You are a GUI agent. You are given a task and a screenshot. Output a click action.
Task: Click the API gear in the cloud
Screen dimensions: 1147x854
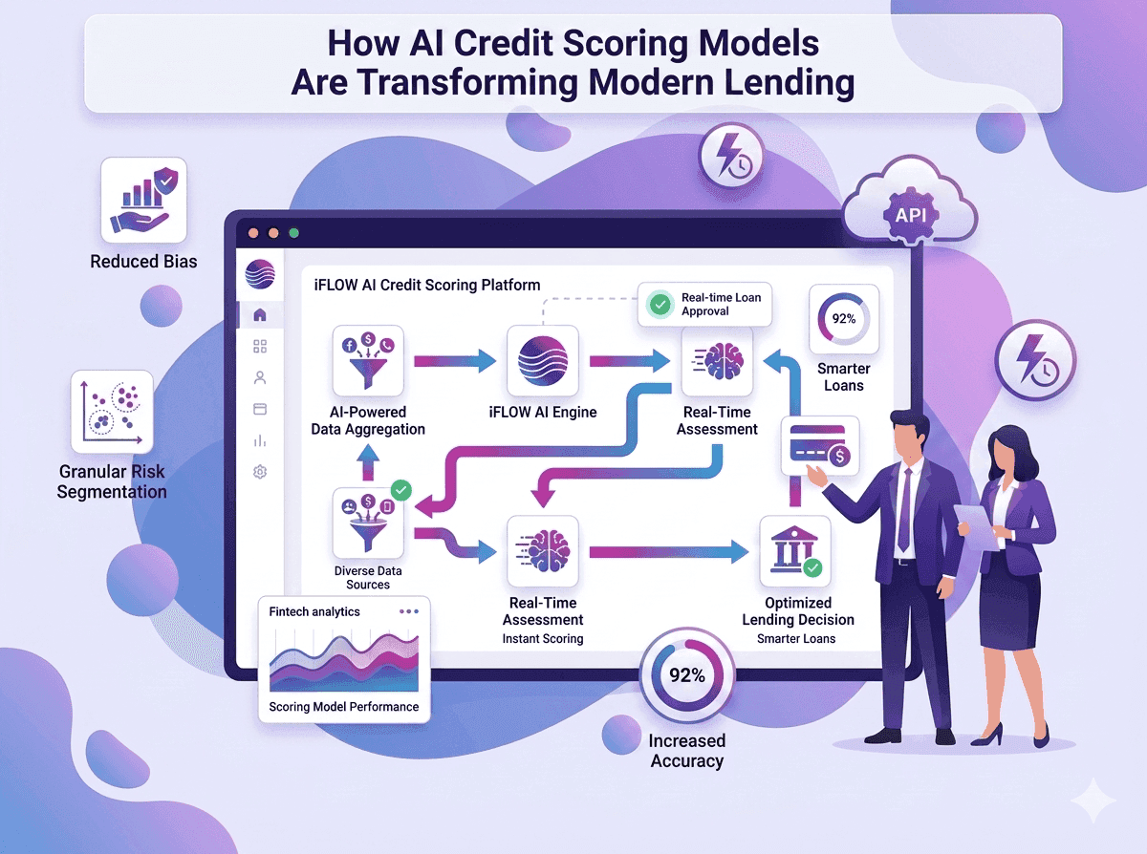[x=911, y=215]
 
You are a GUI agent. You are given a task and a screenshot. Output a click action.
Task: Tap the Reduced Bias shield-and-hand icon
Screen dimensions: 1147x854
[x=143, y=200]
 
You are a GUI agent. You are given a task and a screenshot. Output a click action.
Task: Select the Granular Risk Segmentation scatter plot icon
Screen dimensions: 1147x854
[x=112, y=412]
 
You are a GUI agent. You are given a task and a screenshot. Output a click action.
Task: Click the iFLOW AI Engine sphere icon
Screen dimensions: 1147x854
[x=543, y=360]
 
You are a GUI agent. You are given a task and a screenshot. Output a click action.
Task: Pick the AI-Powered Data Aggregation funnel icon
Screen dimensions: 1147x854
[x=368, y=360]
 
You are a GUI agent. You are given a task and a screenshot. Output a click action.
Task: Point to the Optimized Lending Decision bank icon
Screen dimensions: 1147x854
[x=795, y=551]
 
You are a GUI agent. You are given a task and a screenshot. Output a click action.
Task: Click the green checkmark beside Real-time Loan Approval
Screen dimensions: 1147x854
[x=660, y=304]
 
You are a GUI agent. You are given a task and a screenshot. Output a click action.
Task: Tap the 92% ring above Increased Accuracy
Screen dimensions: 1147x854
[x=686, y=674]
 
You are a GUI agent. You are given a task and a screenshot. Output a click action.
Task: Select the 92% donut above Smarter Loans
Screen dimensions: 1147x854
[x=843, y=318]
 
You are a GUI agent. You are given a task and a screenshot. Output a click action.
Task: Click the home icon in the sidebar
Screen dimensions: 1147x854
[x=260, y=315]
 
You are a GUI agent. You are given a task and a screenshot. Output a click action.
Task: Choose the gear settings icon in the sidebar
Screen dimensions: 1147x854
[x=260, y=472]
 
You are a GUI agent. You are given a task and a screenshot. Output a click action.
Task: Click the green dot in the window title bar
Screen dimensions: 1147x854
[x=293, y=233]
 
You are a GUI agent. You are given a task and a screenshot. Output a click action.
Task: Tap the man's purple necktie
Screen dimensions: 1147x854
[x=904, y=509]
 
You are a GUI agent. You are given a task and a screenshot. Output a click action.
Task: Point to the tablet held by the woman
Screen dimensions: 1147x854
[x=976, y=526]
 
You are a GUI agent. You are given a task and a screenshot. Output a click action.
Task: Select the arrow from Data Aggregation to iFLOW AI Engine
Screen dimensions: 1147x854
[x=455, y=360]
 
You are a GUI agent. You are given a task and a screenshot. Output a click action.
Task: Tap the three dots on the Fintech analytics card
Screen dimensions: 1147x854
[x=408, y=611]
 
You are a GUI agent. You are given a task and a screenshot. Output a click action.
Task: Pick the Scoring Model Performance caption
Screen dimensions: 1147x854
[x=344, y=707]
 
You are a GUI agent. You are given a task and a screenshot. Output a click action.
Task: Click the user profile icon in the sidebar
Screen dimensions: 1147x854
[x=260, y=378]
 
